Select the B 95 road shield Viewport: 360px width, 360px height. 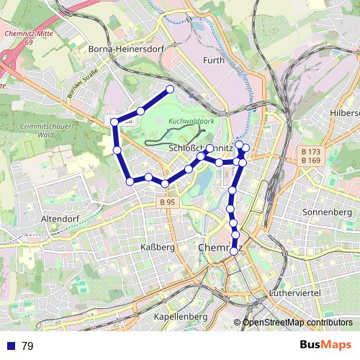coord(167,203)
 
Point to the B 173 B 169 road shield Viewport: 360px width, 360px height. coord(311,156)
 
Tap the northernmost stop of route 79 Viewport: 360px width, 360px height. coord(170,89)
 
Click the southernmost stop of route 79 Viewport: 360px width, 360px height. coord(235,251)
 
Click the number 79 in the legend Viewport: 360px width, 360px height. coord(27,346)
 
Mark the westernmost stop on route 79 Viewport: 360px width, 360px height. coord(114,122)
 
